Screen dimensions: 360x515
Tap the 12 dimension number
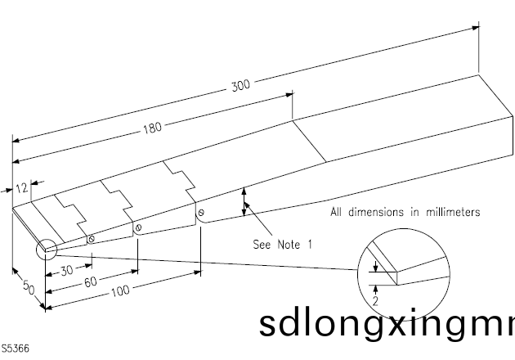(x=22, y=188)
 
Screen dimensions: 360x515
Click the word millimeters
(x=450, y=213)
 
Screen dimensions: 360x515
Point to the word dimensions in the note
(x=370, y=213)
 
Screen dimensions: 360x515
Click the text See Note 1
(x=282, y=244)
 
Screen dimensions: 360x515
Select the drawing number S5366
(x=16, y=349)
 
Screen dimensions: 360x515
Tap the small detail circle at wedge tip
(x=45, y=249)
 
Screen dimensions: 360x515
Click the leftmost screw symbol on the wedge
(x=91, y=240)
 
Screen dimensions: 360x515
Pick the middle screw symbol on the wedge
(x=138, y=227)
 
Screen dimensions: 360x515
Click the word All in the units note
(x=336, y=213)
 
